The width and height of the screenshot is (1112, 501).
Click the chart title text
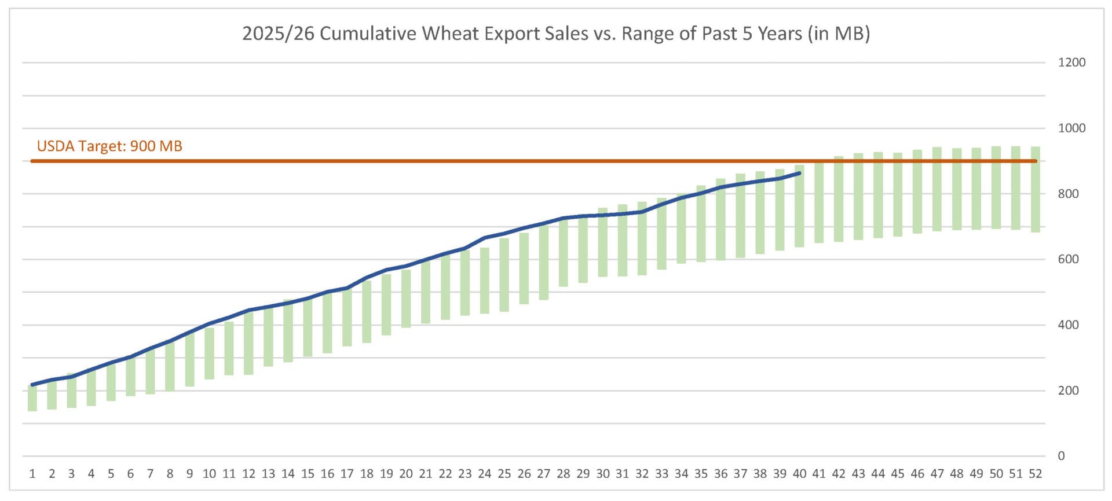555,34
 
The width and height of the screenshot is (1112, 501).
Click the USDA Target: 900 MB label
109,146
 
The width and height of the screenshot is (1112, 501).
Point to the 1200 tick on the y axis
1071,62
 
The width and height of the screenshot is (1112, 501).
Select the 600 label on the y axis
1068,259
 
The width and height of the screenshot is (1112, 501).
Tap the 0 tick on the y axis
1061,456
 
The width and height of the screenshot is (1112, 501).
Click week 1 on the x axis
32,474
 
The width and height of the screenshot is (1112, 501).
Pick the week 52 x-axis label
1035,474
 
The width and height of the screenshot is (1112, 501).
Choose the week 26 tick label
524,474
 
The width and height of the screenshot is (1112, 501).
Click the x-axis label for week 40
799,474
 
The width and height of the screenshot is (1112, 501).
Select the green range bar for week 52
1036,190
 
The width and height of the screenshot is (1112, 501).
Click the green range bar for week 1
32,398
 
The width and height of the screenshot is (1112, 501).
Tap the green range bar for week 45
898,194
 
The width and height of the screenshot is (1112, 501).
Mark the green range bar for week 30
602,242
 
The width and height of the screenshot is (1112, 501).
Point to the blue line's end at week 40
800,173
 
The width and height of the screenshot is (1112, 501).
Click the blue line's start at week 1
32,385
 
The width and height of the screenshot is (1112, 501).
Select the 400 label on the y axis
1068,325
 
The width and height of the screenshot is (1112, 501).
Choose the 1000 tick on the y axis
1071,128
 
